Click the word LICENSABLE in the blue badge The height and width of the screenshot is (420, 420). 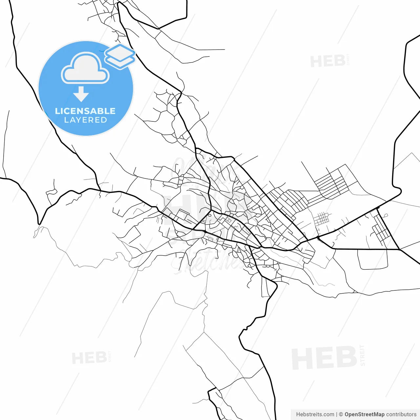(85, 111)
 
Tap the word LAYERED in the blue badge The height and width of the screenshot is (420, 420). (85, 120)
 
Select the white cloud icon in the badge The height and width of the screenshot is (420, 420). (85, 68)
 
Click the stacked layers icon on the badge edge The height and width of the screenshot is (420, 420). (120, 56)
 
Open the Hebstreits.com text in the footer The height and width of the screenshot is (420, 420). (315, 414)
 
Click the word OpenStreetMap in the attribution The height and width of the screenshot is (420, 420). (364, 414)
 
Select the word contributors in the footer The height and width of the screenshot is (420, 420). (401, 414)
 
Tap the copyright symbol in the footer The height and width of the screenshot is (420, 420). (341, 414)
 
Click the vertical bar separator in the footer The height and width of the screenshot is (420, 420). (337, 414)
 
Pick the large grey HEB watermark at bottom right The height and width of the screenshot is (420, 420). (324, 358)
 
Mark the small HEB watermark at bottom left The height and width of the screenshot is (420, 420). (89, 358)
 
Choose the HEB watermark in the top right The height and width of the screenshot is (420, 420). (327, 61)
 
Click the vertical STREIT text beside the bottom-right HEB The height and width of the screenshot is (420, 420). (362, 355)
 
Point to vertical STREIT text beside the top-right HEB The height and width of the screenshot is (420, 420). (348, 59)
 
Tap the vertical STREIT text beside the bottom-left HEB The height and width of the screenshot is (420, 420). (110, 356)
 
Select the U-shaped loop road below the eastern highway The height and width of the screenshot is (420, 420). (372, 261)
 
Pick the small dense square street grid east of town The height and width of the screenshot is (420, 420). (322, 219)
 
